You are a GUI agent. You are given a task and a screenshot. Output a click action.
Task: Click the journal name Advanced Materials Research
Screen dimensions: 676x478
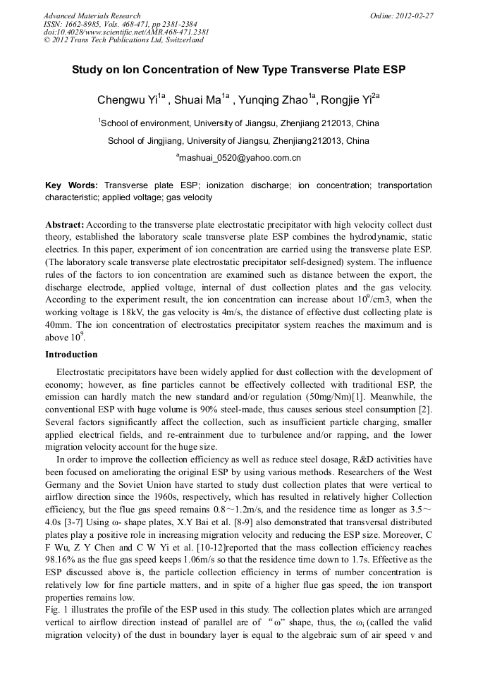[x=92, y=16]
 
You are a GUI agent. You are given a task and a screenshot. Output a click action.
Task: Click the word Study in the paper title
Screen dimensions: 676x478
[x=88, y=71]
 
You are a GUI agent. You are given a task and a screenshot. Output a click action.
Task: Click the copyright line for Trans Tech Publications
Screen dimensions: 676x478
[x=123, y=40]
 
